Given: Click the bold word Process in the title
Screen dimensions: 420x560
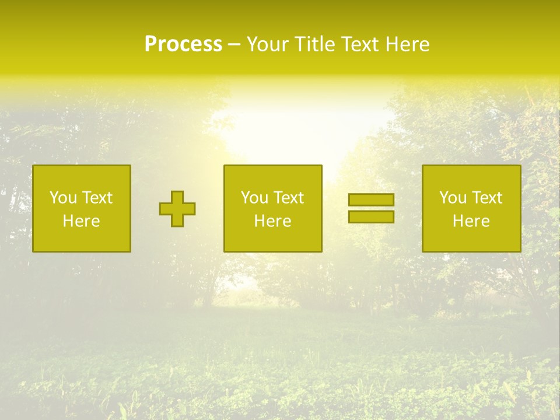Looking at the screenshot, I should pos(183,44).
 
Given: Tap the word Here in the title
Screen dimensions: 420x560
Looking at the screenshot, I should pos(407,44).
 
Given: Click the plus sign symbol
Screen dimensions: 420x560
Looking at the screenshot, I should pos(177,209).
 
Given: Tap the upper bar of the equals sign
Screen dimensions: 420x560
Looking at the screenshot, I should pos(371,200).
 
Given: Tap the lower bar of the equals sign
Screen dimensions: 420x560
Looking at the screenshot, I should pos(371,217).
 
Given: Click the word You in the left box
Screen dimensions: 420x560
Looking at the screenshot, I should pos(63,198).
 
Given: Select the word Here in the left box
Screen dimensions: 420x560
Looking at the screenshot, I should pos(81,221).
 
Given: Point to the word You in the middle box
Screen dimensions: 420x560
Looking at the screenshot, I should pos(254,198).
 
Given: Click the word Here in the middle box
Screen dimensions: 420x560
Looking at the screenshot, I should pos(272,221).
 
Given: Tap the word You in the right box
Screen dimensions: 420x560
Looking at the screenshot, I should pos(453,198).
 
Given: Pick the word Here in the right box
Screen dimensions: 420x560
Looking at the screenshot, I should pos(471,221).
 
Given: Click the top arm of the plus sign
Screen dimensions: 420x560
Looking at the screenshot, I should pos(177,197).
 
